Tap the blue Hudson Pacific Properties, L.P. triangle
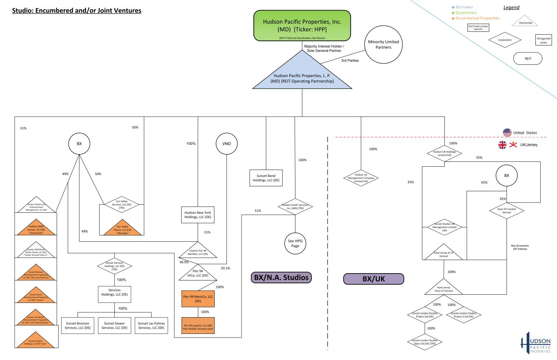pyautogui.click(x=302, y=75)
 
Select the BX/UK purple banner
pyautogui.click(x=374, y=279)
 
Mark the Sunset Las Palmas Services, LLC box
pyautogui.click(x=151, y=325)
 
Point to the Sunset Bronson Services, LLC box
pyautogui.click(x=78, y=325)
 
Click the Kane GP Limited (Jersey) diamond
pyautogui.click(x=506, y=210)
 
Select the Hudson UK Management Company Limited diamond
pyautogui.click(x=361, y=178)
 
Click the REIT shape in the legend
pyautogui.click(x=528, y=58)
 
